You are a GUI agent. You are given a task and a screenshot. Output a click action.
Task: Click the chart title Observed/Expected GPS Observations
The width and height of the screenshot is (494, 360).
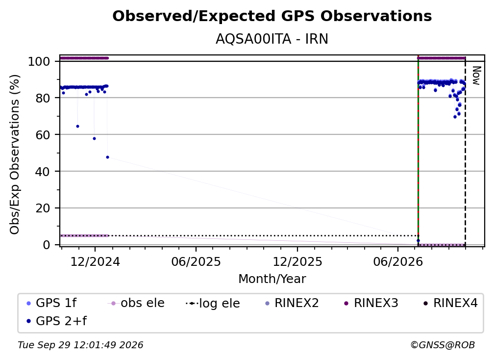[272, 16]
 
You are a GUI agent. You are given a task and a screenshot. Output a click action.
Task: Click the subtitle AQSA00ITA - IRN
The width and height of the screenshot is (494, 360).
[272, 39]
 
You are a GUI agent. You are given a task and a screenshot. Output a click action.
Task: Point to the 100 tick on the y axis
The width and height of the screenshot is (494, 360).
[39, 61]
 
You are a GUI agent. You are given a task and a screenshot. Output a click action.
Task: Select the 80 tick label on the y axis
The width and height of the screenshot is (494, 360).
[43, 98]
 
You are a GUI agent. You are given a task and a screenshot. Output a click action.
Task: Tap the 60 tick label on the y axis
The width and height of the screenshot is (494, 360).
[43, 135]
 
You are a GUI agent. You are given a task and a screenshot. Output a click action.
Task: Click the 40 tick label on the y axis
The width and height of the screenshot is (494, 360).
[43, 172]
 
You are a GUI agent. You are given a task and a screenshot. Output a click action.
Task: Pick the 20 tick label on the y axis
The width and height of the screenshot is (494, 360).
[43, 208]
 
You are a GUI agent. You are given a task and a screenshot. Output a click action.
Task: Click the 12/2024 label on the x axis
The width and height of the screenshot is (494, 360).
[95, 262]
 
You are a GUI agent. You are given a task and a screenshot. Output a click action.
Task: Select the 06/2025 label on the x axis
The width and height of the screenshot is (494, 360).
[196, 262]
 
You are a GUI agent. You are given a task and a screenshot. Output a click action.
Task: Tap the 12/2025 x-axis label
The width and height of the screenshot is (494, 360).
[297, 262]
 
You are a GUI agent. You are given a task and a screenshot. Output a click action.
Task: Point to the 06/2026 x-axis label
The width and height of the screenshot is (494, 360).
[398, 262]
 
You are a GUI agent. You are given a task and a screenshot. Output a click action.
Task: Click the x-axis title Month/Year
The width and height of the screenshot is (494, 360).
[272, 279]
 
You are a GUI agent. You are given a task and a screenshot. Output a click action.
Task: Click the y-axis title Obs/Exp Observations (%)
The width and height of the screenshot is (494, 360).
[15, 154]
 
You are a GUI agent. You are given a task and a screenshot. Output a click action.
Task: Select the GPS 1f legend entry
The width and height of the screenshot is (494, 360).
[51, 303]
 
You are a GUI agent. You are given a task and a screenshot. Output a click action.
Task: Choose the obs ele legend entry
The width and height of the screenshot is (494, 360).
[136, 303]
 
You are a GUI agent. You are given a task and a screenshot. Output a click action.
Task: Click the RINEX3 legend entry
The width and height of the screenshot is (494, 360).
[371, 303]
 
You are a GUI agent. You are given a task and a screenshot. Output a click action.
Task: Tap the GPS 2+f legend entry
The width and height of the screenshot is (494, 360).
[56, 321]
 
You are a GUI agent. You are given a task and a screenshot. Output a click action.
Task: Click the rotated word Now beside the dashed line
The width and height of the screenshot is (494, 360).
[476, 76]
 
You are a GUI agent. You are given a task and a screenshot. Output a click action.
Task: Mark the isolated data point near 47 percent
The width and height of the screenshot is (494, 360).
[107, 157]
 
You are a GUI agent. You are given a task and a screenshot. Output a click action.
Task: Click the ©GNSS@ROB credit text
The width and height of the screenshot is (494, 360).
[443, 345]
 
